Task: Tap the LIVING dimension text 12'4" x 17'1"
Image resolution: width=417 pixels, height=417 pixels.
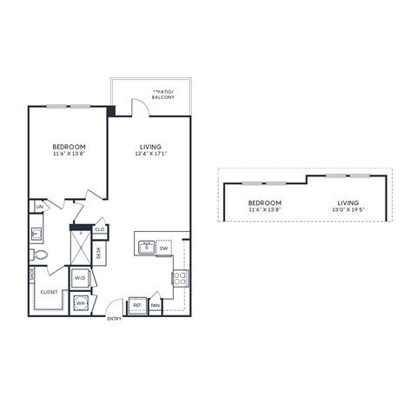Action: (x=151, y=155)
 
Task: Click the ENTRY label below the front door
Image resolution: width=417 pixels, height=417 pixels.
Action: (x=114, y=320)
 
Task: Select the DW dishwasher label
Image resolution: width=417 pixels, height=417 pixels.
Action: (x=163, y=248)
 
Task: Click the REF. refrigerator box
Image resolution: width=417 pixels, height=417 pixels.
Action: (x=137, y=305)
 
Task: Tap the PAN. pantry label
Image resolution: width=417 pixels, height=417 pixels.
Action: (x=156, y=305)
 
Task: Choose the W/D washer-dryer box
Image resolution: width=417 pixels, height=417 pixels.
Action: (x=80, y=278)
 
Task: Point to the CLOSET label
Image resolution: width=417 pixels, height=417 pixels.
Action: (x=50, y=292)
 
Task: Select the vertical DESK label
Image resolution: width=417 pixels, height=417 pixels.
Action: (x=99, y=255)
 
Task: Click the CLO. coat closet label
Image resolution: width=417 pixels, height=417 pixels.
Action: (x=100, y=229)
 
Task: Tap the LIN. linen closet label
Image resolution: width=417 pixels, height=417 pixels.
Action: (x=37, y=207)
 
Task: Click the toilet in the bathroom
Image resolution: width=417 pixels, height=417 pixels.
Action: (x=38, y=255)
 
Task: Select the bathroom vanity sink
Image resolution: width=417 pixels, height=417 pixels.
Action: (x=36, y=233)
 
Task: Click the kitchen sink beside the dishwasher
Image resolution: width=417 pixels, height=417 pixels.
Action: (x=145, y=249)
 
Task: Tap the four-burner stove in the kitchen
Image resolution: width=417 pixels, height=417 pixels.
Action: (x=180, y=279)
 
